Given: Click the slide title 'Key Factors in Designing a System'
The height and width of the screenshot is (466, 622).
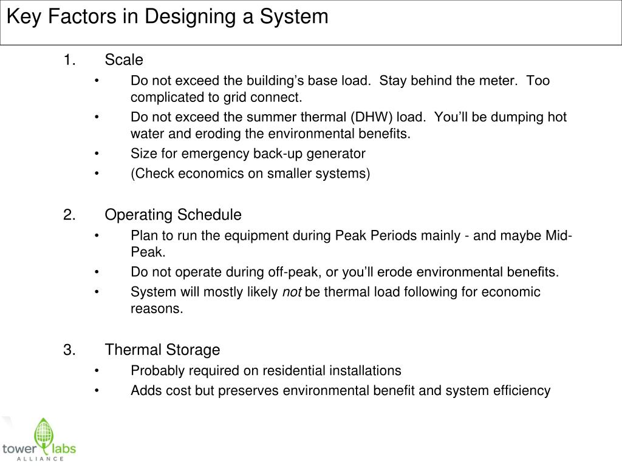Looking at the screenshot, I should [x=168, y=16].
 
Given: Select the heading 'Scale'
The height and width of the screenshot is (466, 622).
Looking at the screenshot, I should [x=124, y=60].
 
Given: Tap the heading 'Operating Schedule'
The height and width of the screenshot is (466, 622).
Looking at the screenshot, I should [x=173, y=215].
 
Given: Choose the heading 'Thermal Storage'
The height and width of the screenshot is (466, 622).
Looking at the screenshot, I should [x=162, y=350].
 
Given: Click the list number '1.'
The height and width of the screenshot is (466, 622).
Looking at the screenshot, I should [x=69, y=60].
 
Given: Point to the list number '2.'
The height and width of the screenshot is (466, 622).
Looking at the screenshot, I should [x=69, y=215].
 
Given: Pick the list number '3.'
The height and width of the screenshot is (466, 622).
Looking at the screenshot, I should [x=69, y=350].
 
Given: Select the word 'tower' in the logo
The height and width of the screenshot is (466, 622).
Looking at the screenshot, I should [x=19, y=449].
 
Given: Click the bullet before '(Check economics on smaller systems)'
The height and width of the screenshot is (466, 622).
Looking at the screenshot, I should [x=97, y=174].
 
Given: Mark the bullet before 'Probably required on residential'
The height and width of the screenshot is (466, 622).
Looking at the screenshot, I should [x=97, y=371].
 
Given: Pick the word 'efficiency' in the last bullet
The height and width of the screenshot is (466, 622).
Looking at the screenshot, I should [x=521, y=391].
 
